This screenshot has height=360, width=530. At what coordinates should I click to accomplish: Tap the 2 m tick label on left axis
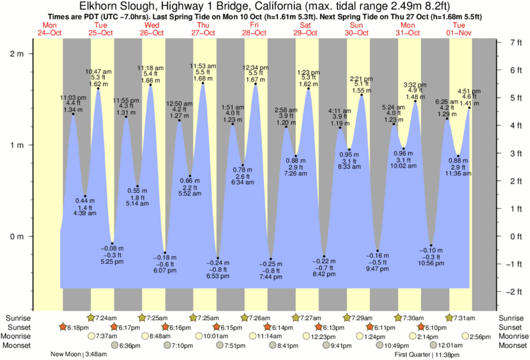coord(17,53)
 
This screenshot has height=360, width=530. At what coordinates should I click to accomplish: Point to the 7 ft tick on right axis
coord(515,42)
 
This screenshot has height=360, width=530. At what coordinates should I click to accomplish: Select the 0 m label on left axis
coord(17,236)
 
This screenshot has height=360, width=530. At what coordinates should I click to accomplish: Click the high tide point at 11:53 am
coord(203,83)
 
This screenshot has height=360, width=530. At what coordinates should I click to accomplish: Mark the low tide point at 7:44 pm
coord(271,259)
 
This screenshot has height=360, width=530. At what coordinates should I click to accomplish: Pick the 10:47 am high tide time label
coord(98,71)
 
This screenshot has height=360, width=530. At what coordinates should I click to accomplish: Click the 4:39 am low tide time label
coord(85,214)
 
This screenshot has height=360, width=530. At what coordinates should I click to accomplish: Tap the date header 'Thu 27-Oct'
coord(203,29)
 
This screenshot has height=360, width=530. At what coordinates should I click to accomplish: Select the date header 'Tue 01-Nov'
coord(459,29)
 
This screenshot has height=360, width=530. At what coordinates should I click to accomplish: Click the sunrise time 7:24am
coord(108,317)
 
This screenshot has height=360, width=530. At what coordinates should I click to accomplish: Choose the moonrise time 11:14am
coord(265,337)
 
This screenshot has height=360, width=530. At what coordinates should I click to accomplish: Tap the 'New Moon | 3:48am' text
coord(79,355)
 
